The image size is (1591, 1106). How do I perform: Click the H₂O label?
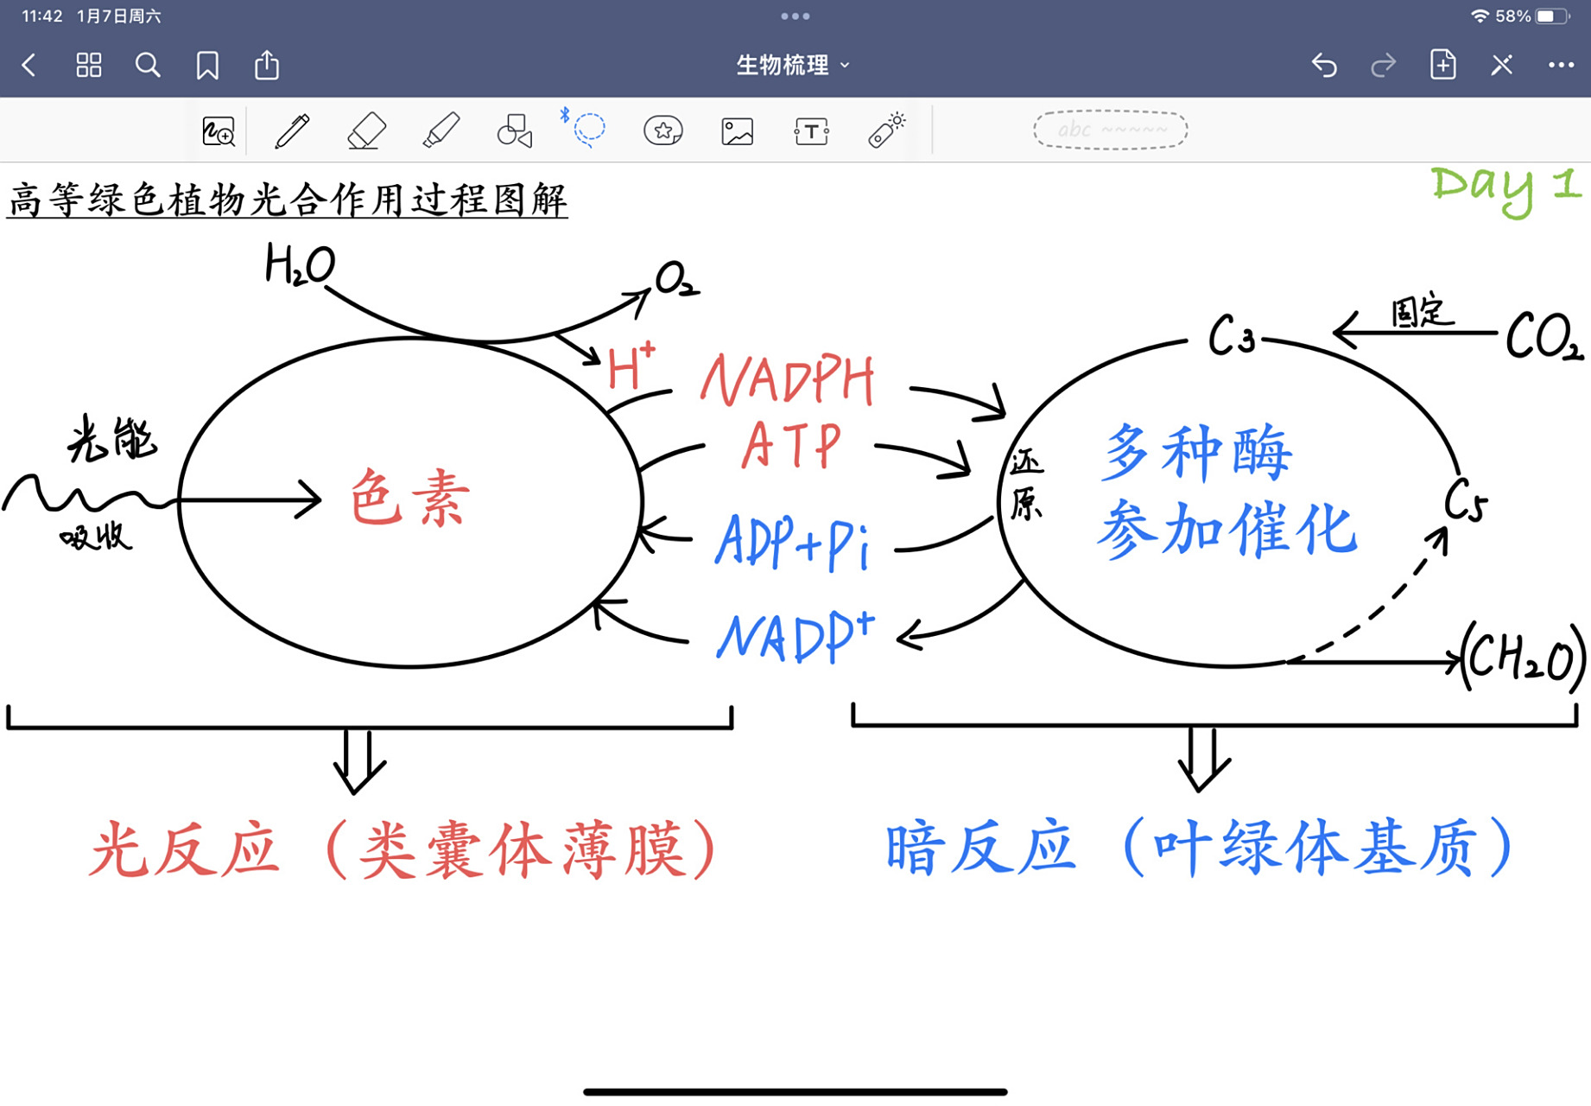coord(299,264)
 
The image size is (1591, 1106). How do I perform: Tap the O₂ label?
coord(675,280)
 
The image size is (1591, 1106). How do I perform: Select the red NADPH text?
coord(787,380)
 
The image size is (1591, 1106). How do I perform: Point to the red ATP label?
coord(790,446)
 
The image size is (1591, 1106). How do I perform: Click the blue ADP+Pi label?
coord(792,542)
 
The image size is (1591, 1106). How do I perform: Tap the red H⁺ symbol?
coord(631,368)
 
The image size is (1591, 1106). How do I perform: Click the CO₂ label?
coord(1543,338)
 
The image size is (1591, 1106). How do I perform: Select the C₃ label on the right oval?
coord(1231,336)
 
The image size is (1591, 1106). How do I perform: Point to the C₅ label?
coord(1466,500)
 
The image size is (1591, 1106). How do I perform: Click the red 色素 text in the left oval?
coord(409,499)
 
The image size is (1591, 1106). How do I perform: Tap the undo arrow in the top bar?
coord(1324,65)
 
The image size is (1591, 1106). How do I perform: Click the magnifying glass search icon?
coord(148,65)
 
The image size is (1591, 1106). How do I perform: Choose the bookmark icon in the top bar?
coord(207,65)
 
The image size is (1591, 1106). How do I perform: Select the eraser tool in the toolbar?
coord(366,131)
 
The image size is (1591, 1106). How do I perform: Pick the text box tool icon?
coord(811,131)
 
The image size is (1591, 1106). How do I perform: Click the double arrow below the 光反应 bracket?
coord(358,760)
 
